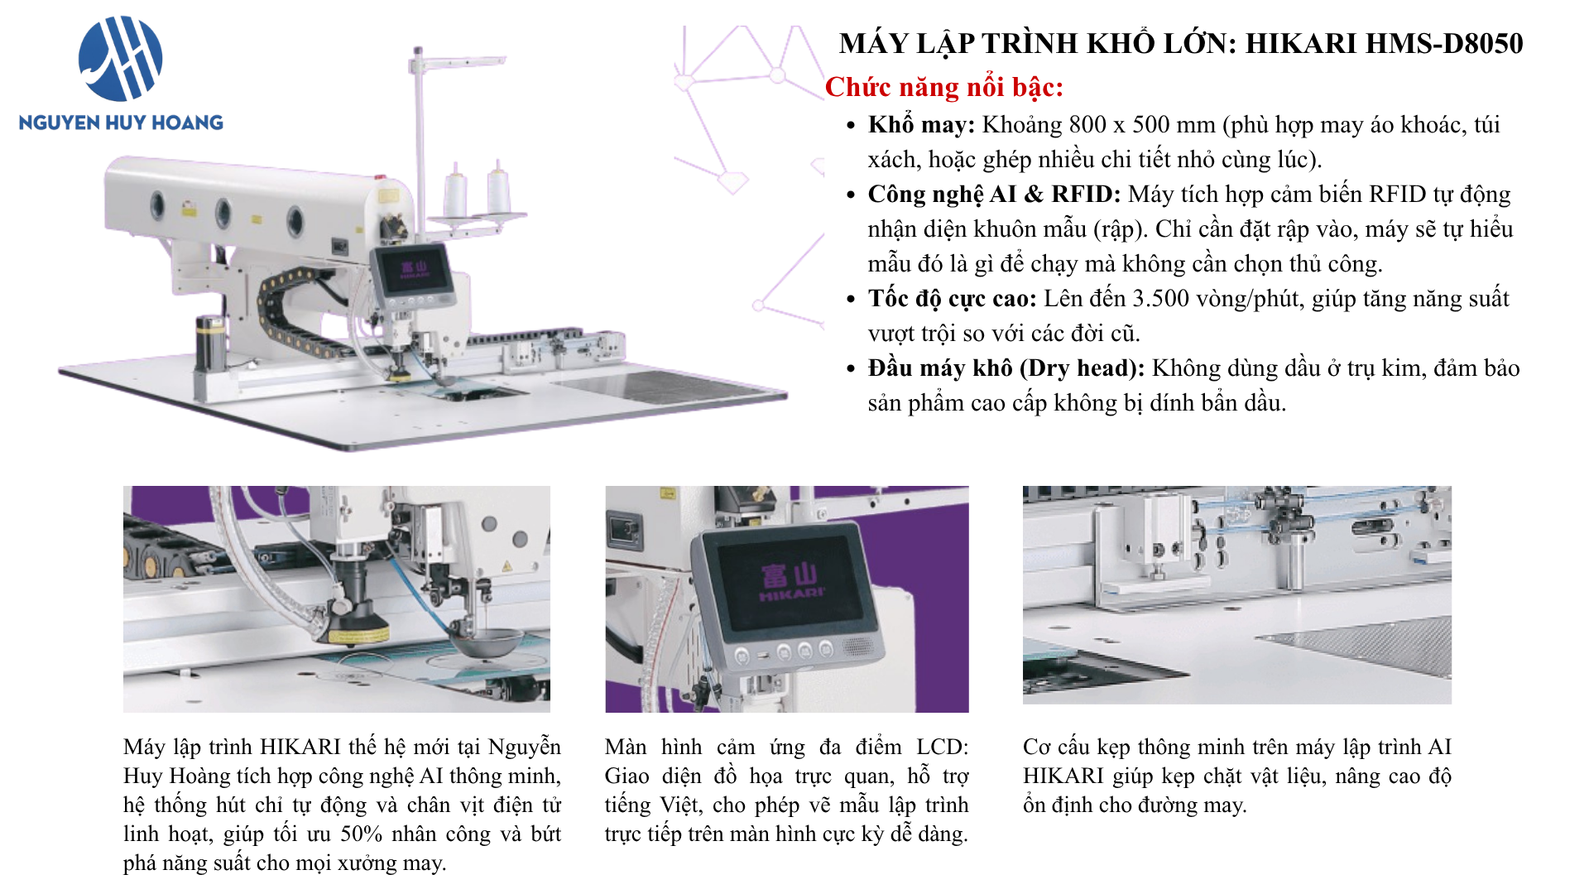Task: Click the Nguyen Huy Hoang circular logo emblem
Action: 121,58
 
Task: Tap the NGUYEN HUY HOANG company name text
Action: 121,123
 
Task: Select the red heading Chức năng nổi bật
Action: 944,87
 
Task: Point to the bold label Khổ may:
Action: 921,125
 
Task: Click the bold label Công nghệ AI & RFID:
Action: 994,195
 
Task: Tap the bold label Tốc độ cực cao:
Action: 952,299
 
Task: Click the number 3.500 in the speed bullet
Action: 1160,299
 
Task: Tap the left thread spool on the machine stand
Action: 455,193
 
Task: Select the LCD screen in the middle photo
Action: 791,587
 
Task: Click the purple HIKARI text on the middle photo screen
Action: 792,594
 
